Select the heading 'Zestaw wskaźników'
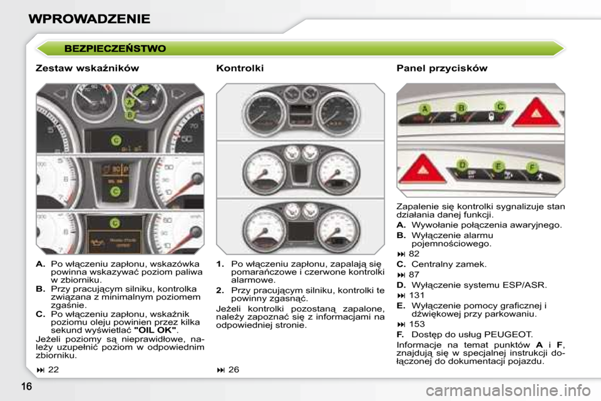88,68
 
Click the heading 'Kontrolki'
239,68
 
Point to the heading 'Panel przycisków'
441,68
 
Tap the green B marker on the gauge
130,115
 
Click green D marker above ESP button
463,165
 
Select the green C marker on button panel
500,106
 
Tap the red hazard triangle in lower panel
426,167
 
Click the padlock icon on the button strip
493,118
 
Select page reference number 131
416,295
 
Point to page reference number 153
416,324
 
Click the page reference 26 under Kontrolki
234,370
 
